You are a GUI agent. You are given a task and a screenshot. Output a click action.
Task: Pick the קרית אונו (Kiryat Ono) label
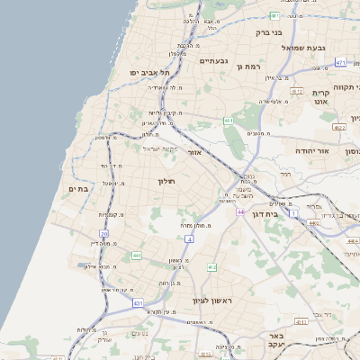point(321,97)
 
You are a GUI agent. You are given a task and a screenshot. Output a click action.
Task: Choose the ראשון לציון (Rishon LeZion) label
point(212,300)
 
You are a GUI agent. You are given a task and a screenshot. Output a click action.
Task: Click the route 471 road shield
point(339,62)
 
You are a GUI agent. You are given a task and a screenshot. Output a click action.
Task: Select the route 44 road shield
point(241,211)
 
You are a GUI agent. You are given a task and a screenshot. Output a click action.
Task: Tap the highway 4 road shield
point(190,239)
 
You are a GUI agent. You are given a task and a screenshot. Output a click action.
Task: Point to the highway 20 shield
point(104,235)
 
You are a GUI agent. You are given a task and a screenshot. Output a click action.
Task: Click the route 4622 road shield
point(338,128)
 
